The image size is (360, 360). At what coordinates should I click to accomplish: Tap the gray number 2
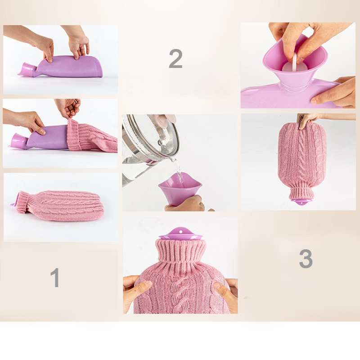tap(175, 59)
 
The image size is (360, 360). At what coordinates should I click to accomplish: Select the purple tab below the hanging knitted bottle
tap(300, 202)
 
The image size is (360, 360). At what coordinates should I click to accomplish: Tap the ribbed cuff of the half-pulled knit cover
tap(74, 135)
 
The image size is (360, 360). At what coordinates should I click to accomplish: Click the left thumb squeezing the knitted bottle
tap(139, 287)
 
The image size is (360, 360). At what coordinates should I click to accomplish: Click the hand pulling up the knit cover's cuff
tap(68, 108)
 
